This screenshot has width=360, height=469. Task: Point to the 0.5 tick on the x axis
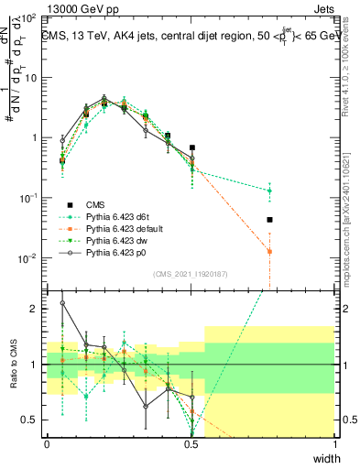(191, 444)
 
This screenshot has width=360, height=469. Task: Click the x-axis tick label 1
(336, 444)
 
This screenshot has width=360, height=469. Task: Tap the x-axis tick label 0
(48, 444)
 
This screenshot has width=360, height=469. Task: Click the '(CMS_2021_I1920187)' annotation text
(191, 274)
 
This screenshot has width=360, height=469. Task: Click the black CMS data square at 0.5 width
(192, 147)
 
